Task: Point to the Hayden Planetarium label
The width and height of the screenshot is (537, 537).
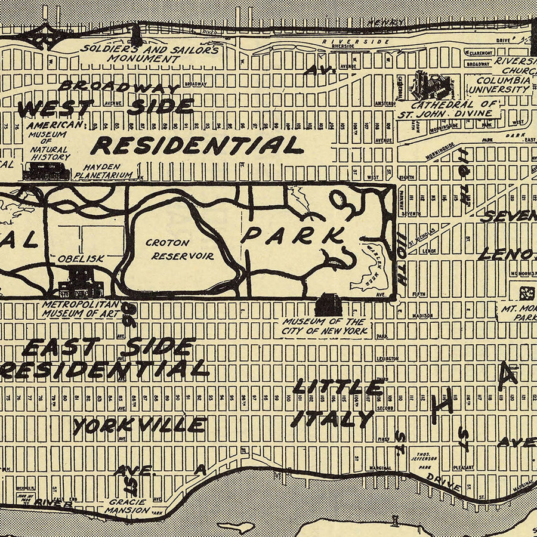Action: (x=103, y=171)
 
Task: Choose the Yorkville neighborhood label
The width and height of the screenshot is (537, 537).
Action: (x=140, y=425)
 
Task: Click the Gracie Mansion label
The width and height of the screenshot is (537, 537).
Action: (x=126, y=506)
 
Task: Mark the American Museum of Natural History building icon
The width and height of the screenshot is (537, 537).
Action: (x=47, y=171)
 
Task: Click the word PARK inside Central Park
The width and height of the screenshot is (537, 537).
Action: (x=292, y=234)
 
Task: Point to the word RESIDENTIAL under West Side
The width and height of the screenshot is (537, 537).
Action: (x=197, y=145)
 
